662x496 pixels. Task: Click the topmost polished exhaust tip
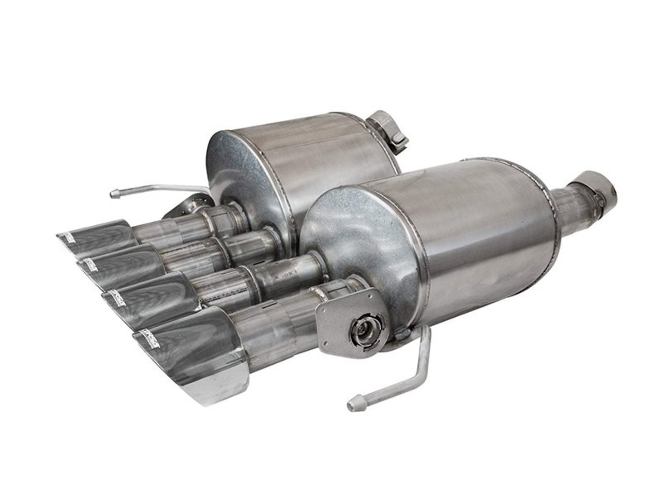98,239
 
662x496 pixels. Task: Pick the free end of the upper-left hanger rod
114,194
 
